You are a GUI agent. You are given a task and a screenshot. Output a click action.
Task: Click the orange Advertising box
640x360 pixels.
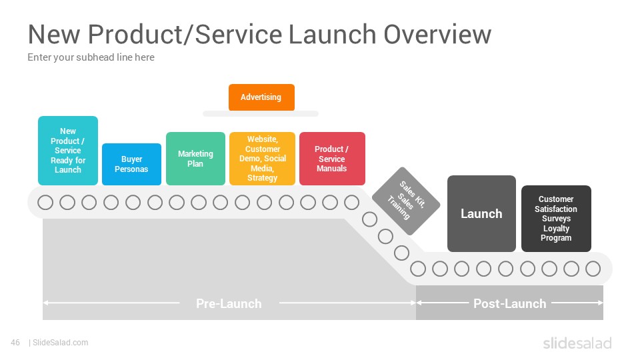click(x=261, y=97)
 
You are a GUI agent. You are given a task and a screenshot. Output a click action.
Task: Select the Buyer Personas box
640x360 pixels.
click(x=131, y=164)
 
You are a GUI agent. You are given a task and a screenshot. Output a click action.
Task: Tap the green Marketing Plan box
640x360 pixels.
click(x=195, y=159)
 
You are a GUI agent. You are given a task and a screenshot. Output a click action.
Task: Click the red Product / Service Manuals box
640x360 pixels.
click(x=332, y=159)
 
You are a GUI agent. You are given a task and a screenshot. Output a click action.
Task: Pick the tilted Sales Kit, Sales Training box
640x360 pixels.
click(x=406, y=201)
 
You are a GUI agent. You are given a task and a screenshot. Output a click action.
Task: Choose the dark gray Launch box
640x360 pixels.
click(x=481, y=213)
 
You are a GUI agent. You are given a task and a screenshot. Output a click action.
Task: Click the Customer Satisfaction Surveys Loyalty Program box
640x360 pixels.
click(x=556, y=219)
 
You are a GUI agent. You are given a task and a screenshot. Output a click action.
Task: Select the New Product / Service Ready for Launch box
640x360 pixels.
click(x=68, y=151)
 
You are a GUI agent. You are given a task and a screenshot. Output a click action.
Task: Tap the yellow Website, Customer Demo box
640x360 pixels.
click(x=262, y=159)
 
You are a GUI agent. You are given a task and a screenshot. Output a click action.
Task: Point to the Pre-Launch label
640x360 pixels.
click(x=229, y=304)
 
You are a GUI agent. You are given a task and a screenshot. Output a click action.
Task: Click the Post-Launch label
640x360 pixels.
click(x=510, y=304)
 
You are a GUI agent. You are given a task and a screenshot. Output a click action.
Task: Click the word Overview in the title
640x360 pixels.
click(x=437, y=34)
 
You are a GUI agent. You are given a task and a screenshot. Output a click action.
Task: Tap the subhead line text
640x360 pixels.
click(x=91, y=57)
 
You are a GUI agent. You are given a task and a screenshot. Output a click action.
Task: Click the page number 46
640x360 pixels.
click(x=15, y=343)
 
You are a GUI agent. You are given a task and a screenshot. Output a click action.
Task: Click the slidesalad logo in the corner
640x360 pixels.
click(x=577, y=343)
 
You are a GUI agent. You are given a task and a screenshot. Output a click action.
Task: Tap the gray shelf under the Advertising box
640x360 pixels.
click(x=261, y=113)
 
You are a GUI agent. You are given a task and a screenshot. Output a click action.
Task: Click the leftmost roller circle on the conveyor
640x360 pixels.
click(x=45, y=203)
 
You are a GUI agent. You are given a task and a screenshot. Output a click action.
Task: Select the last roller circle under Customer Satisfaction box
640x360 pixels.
click(x=593, y=269)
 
